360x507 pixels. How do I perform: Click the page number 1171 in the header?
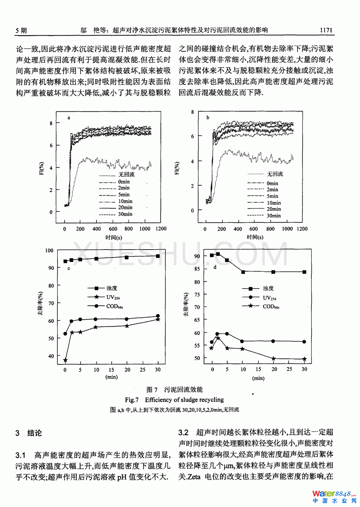[326, 30]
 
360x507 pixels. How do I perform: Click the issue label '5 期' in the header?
[21, 30]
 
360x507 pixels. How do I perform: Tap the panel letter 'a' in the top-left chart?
[69, 118]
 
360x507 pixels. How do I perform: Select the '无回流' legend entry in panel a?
[126, 174]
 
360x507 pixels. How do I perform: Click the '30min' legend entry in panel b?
[274, 215]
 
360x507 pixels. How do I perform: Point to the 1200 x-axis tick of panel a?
[161, 229]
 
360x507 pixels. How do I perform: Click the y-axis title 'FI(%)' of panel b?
[177, 168]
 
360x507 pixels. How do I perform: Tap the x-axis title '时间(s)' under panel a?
[114, 237]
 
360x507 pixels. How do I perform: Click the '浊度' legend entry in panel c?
[111, 288]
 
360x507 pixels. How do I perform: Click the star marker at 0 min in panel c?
[65, 360]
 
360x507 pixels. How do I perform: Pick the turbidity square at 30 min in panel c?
[158, 256]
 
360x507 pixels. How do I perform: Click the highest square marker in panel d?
[218, 254]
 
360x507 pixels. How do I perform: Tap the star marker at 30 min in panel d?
[304, 359]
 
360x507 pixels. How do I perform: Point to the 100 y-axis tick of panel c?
[49, 250]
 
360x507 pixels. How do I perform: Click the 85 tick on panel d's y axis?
[197, 269]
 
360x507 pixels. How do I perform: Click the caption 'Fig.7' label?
[131, 400]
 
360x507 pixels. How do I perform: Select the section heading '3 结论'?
[29, 433]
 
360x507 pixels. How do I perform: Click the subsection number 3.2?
[183, 432]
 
